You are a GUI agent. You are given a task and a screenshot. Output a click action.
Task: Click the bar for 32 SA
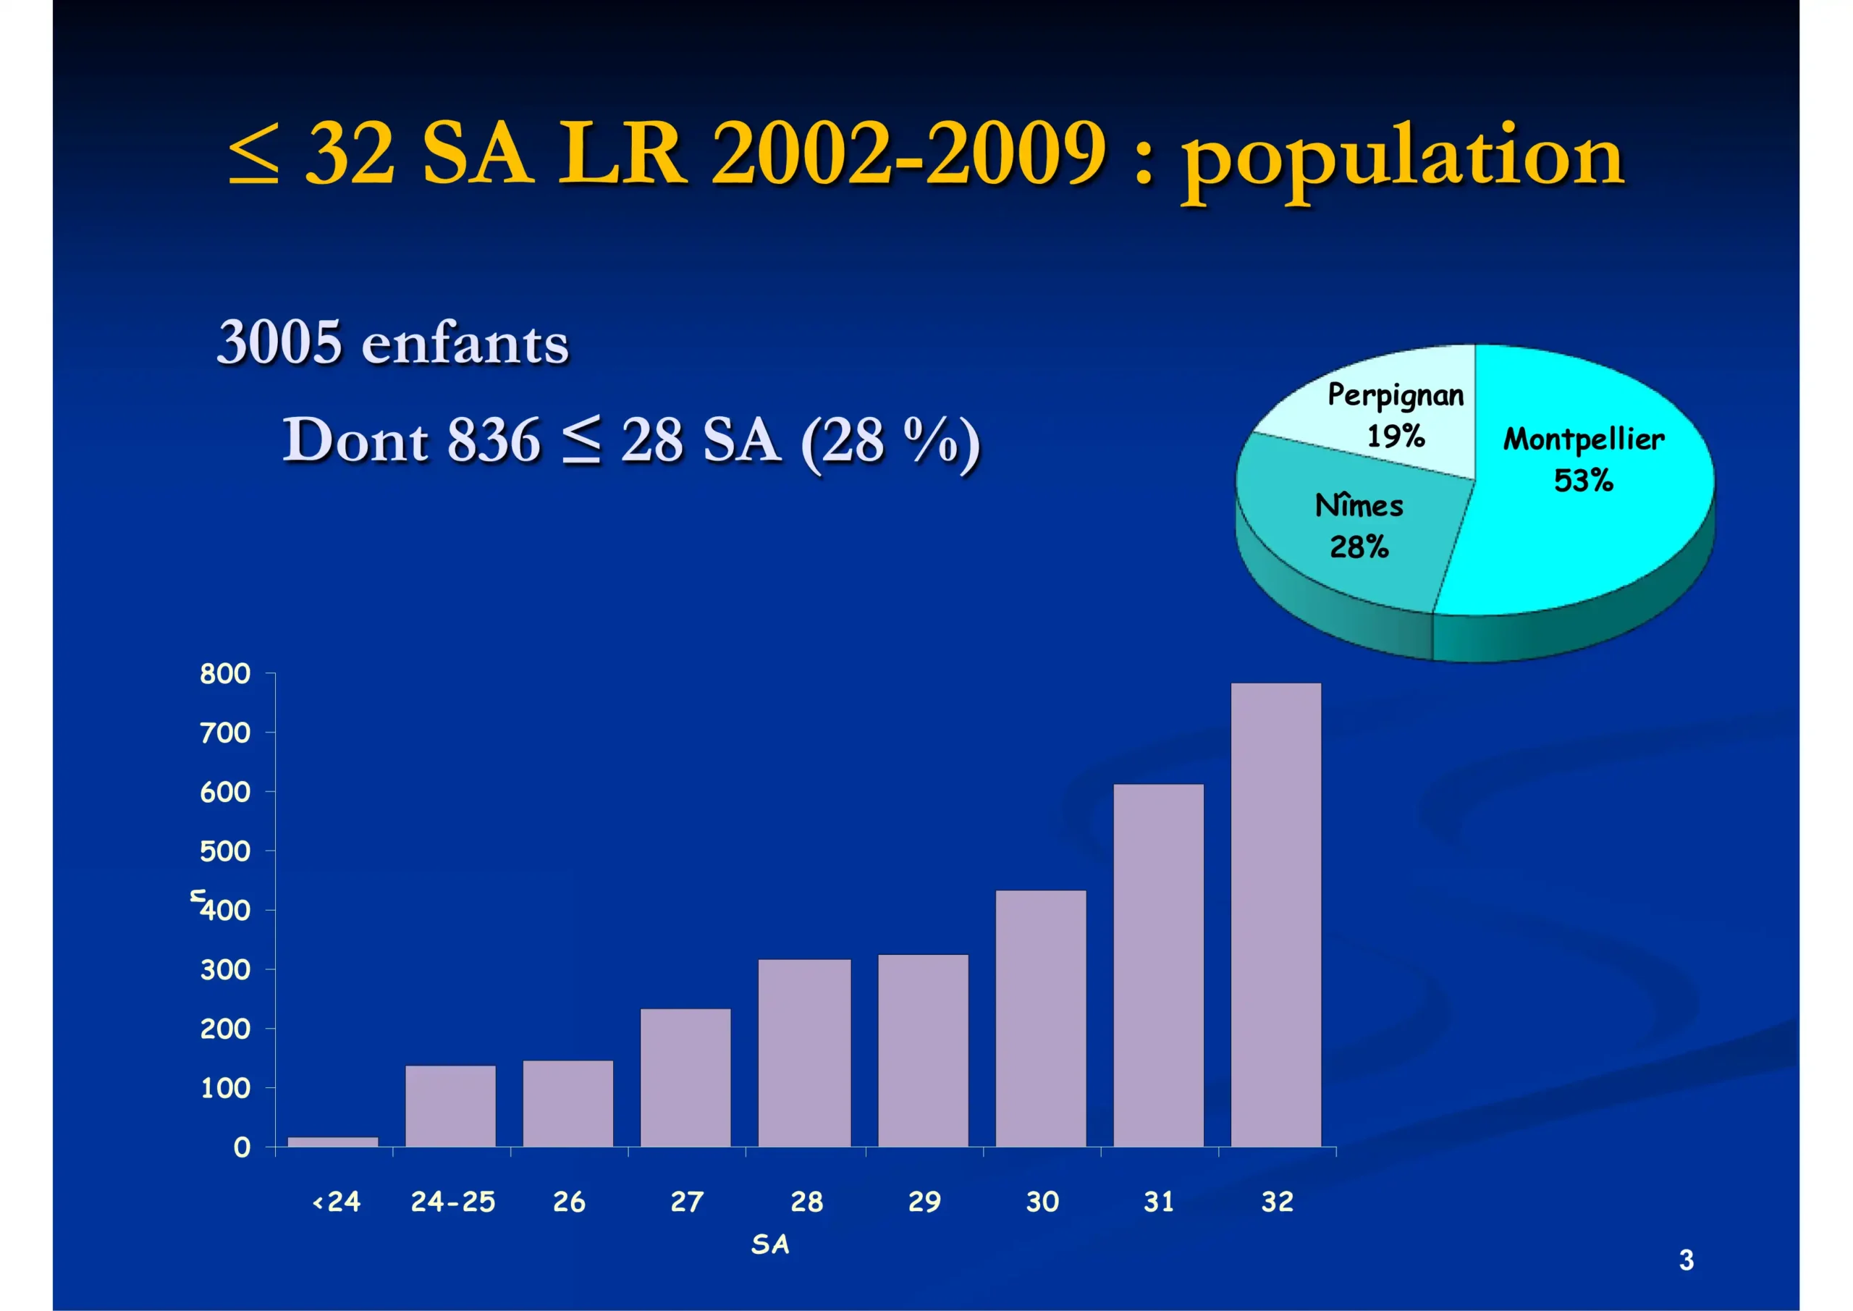pyautogui.click(x=1275, y=914)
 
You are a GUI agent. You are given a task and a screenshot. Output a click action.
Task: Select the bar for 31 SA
pyautogui.click(x=1158, y=965)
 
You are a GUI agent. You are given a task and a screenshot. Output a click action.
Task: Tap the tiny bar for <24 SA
pyautogui.click(x=332, y=1142)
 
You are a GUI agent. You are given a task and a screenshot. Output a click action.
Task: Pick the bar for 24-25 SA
pyautogui.click(x=450, y=1106)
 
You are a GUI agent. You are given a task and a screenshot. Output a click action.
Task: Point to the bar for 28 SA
pyautogui.click(x=804, y=1053)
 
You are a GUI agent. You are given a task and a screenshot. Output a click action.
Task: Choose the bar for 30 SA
pyautogui.click(x=1040, y=1018)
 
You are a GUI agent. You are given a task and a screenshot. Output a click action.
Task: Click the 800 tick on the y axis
pyautogui.click(x=225, y=674)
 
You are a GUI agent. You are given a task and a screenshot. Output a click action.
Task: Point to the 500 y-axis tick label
pyautogui.click(x=225, y=851)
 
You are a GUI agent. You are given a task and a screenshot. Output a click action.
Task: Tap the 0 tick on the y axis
pyautogui.click(x=241, y=1148)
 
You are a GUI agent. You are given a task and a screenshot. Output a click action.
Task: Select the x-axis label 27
pyautogui.click(x=687, y=1202)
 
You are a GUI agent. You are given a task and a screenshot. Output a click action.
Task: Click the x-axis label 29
pyautogui.click(x=924, y=1202)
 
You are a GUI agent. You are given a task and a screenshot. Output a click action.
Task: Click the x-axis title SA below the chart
pyautogui.click(x=770, y=1244)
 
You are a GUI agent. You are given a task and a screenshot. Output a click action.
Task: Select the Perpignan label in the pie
pyautogui.click(x=1396, y=395)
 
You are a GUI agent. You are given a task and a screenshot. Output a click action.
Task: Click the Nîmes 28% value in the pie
pyautogui.click(x=1359, y=547)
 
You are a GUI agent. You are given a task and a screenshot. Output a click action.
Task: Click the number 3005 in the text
pyautogui.click(x=279, y=342)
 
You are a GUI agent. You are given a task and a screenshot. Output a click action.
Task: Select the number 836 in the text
pyautogui.click(x=493, y=441)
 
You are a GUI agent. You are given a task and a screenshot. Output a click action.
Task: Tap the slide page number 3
pyautogui.click(x=1686, y=1260)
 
